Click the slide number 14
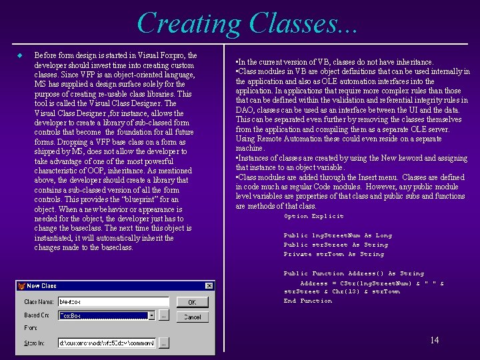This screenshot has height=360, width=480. tap(434, 341)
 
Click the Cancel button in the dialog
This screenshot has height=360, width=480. tap(192, 317)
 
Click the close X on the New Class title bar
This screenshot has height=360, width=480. tap(210, 286)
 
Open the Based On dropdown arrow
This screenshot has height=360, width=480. tap(151, 315)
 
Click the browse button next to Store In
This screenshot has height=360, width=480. tap(164, 343)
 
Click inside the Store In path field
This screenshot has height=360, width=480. tap(107, 343)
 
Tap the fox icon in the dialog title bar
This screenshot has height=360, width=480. tap(23, 286)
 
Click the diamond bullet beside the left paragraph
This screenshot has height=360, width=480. tap(20, 55)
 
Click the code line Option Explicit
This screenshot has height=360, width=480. tap(313, 217)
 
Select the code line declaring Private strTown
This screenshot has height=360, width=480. tap(333, 254)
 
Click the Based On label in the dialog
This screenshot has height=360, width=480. tap(37, 315)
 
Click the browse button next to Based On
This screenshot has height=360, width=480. tap(164, 315)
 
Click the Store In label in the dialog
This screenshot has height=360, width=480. tap(35, 343)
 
